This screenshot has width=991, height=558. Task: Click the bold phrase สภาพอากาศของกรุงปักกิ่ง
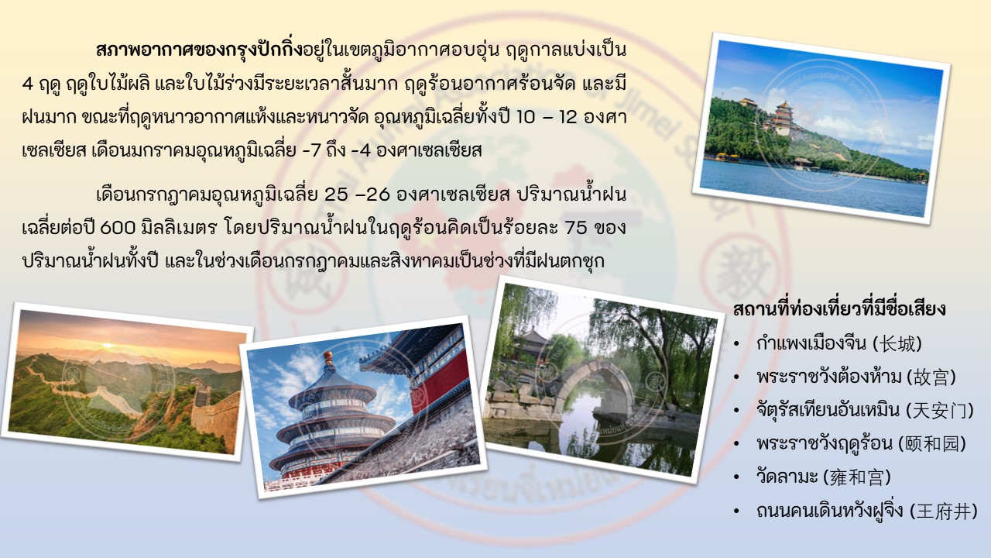(199, 50)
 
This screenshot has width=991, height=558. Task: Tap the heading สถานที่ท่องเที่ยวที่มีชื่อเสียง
(839, 308)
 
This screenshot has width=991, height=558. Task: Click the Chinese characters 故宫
(931, 377)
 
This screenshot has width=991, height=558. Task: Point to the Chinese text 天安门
(940, 411)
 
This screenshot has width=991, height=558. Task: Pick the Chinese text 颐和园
(932, 444)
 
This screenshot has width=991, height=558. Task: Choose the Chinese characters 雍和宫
(856, 477)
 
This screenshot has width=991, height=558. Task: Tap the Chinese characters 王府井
(943, 511)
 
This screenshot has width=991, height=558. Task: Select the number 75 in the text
(576, 229)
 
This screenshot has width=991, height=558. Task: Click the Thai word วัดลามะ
(787, 477)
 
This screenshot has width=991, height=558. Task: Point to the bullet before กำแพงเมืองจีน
(736, 344)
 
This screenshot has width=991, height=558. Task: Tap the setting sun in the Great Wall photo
(108, 344)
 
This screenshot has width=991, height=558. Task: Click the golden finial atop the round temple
(327, 357)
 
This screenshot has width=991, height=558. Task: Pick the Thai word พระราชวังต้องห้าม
(829, 377)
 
